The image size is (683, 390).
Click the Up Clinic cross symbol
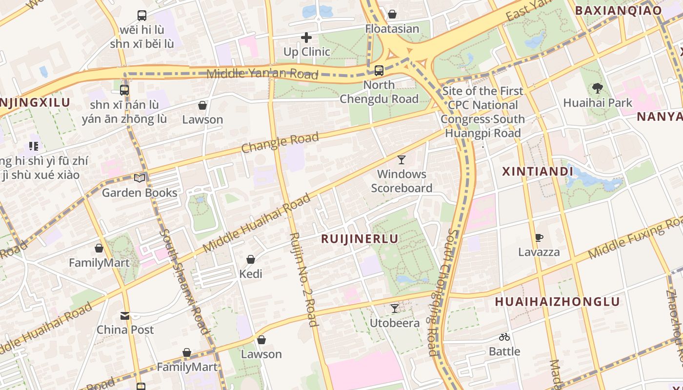click(306, 37)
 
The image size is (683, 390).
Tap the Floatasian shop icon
click(392, 14)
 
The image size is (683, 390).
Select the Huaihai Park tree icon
click(597, 88)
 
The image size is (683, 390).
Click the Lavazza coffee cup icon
click(539, 238)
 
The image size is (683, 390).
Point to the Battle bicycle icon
click(504, 337)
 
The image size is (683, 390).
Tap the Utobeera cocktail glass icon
click(395, 309)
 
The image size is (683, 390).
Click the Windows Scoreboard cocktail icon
click(402, 159)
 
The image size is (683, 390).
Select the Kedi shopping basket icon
click(251, 259)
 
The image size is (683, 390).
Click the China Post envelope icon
click(125, 315)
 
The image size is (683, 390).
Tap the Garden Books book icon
click(140, 178)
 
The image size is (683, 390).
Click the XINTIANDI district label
click(538, 172)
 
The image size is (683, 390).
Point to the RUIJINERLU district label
click(359, 239)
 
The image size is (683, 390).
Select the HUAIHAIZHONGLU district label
click(557, 302)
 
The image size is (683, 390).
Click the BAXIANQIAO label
click(618, 10)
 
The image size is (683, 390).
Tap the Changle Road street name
click(280, 142)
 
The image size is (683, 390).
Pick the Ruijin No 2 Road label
click(303, 279)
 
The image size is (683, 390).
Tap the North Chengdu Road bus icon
click(379, 71)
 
